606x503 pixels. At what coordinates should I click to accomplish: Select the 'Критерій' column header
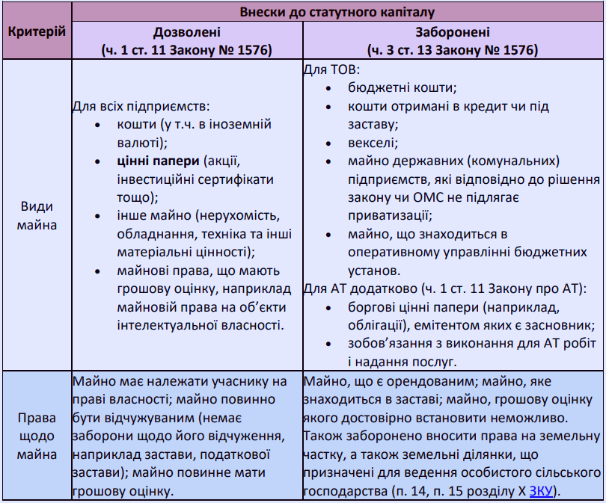(35, 32)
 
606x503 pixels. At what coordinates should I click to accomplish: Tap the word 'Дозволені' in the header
(186, 34)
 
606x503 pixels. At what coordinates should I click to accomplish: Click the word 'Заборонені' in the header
(453, 34)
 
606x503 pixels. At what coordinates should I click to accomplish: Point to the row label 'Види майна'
(35, 215)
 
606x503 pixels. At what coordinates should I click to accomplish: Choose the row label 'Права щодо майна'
(35, 436)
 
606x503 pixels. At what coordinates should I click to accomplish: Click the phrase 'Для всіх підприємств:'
(140, 106)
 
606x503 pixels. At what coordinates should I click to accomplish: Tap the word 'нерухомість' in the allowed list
(242, 215)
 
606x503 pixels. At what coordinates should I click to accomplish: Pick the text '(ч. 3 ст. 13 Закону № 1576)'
(453, 51)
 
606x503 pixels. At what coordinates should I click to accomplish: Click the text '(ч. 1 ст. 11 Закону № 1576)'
(186, 51)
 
